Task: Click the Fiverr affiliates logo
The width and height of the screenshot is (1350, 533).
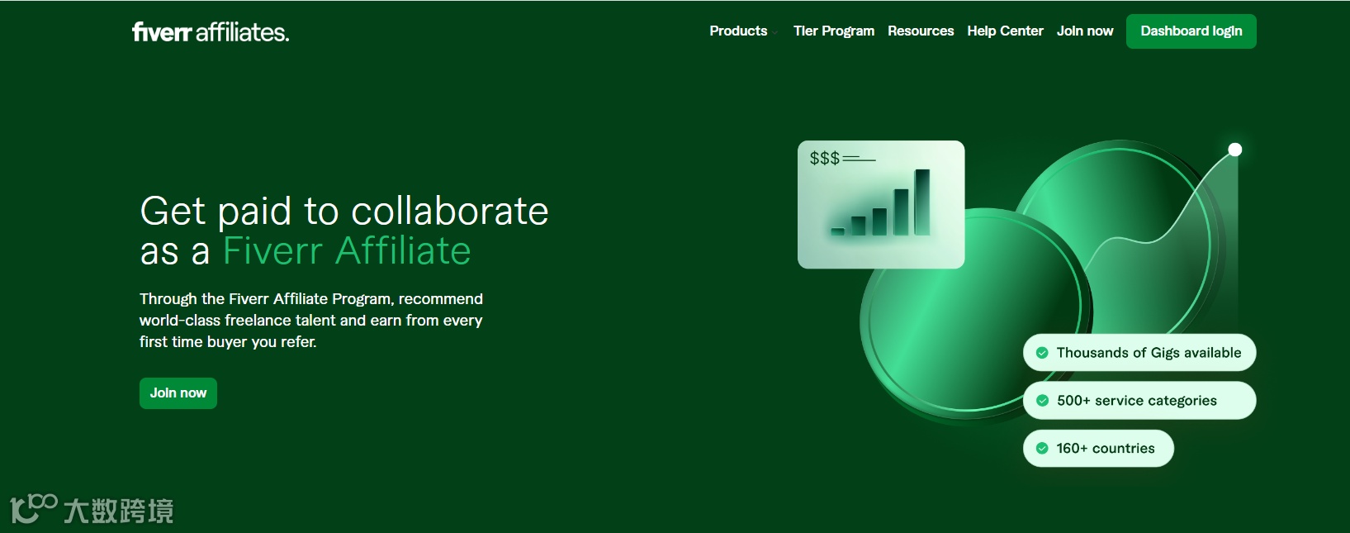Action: [x=211, y=31]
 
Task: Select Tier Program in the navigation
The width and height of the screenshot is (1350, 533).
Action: [x=833, y=31]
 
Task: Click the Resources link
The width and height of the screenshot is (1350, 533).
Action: [x=921, y=31]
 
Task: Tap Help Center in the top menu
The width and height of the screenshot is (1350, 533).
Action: [x=1005, y=31]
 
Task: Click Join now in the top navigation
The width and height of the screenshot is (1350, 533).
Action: [x=1085, y=31]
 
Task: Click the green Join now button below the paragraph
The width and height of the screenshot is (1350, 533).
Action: [x=178, y=393]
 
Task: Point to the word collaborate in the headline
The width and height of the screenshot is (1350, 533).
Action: [x=450, y=211]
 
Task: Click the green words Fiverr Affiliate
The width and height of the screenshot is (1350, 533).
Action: [x=347, y=251]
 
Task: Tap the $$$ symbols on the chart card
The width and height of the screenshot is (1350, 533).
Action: [x=824, y=158]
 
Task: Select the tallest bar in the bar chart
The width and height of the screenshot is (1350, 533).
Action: [x=922, y=202]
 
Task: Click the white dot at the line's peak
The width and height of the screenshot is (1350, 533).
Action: [x=1235, y=150]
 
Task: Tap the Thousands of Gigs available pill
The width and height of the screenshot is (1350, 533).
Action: [x=1139, y=352]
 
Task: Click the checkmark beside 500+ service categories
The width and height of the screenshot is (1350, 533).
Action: [x=1042, y=400]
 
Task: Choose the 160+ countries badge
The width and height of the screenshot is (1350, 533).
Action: [x=1098, y=448]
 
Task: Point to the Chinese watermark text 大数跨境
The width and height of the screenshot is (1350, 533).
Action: [x=119, y=511]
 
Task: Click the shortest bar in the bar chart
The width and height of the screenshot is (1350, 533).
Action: [x=838, y=231]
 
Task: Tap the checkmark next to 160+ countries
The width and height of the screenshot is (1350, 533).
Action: [x=1042, y=448]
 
